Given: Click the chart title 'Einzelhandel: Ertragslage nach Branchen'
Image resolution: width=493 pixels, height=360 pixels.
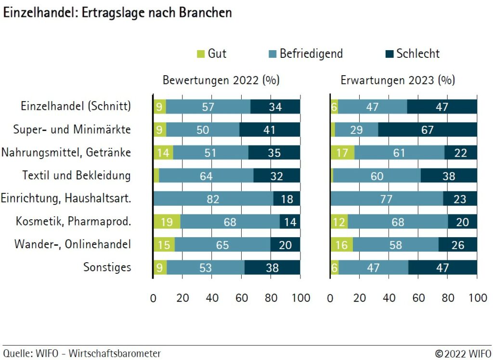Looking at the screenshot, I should click(x=117, y=13).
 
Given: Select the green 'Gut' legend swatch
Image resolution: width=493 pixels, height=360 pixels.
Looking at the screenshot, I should click(x=201, y=54).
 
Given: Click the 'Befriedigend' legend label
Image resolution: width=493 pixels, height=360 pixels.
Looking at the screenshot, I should click(x=311, y=53).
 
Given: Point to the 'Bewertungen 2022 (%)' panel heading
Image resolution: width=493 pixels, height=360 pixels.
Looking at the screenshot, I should click(x=221, y=80).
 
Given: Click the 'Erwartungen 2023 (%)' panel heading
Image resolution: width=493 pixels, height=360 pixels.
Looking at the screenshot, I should click(x=398, y=80).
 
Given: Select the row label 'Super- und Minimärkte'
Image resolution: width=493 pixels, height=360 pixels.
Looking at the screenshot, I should click(x=72, y=129).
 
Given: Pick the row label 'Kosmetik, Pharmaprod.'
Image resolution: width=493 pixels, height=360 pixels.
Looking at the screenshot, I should click(x=73, y=221).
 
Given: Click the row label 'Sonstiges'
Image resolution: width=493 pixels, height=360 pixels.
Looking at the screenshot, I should click(x=107, y=267).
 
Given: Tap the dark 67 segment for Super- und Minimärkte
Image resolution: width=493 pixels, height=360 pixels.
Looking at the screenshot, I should click(x=428, y=130).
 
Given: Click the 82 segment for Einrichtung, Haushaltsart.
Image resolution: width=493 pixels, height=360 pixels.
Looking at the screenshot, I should click(x=213, y=199).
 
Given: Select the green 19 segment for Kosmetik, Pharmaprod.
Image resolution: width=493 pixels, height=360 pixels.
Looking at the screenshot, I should click(x=167, y=222).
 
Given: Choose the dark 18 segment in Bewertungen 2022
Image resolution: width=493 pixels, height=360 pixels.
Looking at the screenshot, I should click(x=286, y=199).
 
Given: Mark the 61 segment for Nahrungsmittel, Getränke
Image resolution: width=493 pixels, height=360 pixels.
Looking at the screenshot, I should click(x=399, y=153).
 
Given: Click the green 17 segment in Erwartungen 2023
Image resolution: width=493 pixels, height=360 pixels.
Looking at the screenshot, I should click(x=342, y=153).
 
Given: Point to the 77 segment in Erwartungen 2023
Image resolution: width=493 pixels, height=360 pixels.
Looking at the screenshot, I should click(x=387, y=199).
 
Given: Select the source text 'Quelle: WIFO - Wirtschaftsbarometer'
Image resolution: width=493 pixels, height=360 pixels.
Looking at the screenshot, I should click(x=82, y=353).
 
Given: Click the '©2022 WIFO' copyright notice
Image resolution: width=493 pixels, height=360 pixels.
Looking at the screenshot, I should click(x=463, y=353).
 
